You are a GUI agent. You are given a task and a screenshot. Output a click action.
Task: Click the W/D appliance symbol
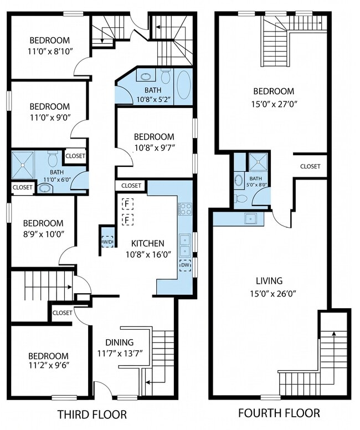pos(107,242)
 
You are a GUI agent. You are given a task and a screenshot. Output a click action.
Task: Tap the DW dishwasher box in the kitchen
pos(186,265)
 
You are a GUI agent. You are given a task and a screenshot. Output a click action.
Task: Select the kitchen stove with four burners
pos(186,209)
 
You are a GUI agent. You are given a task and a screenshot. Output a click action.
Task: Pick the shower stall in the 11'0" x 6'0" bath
pos(23,165)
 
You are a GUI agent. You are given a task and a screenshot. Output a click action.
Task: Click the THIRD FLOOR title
pos(92,414)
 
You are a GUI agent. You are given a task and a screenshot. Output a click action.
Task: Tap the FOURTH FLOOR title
pos(279,413)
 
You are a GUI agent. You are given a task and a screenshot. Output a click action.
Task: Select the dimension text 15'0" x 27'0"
pos(274,104)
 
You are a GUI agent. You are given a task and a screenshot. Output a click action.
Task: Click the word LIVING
pos(269,281)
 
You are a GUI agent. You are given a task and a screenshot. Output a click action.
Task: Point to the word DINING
pos(120,342)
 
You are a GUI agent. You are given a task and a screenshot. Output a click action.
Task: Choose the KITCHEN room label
pos(148,243)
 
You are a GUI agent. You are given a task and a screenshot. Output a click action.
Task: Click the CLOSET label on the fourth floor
pos(310,166)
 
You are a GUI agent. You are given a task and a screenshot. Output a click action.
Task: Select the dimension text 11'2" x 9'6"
pos(49,365)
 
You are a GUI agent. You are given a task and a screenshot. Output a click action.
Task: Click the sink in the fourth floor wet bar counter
pos(250,218)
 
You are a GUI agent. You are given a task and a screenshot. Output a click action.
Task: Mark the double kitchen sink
pos(186,245)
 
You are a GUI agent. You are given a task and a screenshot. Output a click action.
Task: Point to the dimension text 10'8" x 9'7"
pos(155,148)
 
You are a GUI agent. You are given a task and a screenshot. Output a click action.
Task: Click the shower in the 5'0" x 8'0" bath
pos(258,162)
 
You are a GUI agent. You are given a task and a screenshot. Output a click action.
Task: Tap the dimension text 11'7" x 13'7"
pos(120,354)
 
